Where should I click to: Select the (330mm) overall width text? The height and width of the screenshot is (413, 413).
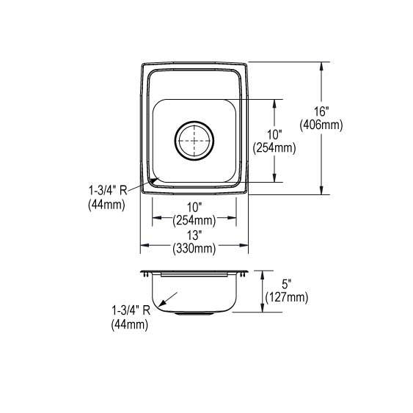(194, 249)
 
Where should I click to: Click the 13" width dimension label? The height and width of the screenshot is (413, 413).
(194, 236)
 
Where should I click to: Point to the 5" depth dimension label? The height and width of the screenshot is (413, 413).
(287, 284)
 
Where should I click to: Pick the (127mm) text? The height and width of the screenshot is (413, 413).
(287, 297)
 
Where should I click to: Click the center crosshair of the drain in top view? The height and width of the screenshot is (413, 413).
(194, 138)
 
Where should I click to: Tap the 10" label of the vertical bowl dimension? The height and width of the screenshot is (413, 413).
(275, 134)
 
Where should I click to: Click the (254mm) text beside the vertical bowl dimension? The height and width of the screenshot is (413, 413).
(274, 147)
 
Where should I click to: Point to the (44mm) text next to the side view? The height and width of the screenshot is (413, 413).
(129, 324)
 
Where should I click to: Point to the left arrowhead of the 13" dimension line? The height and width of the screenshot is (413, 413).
(144, 244)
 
